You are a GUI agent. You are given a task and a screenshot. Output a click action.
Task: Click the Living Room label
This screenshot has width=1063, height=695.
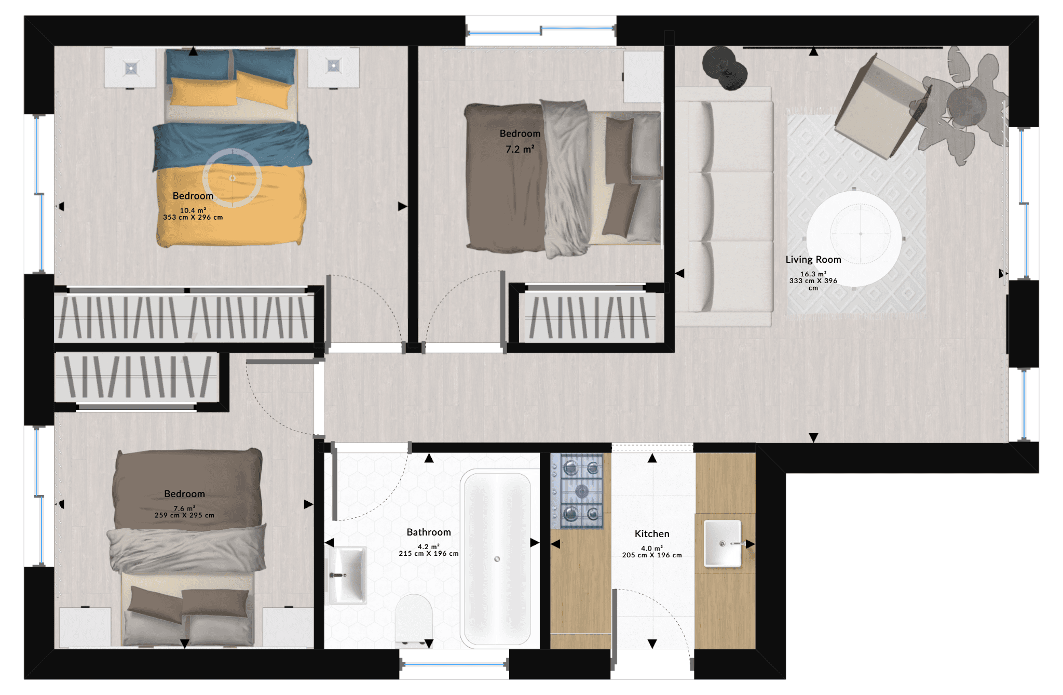813,259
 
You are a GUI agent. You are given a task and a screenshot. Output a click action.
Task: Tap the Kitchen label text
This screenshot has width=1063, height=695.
652,533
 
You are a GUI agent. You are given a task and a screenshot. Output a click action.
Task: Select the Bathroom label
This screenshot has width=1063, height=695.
429,532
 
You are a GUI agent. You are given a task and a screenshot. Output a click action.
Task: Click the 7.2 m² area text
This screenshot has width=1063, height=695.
520,149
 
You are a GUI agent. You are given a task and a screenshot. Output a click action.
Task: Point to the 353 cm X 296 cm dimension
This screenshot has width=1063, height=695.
193,217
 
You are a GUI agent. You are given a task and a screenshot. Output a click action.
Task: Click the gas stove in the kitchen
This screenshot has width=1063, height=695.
577,491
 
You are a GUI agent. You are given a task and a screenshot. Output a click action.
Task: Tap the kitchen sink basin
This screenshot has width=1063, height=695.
723,543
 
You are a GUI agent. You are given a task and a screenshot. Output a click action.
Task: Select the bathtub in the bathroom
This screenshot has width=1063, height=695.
497,559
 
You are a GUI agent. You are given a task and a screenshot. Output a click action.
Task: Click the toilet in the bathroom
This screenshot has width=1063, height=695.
414,621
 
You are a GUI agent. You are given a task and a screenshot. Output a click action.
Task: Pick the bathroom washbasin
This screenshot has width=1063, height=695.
347,574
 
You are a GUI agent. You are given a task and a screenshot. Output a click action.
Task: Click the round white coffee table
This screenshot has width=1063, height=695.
854,238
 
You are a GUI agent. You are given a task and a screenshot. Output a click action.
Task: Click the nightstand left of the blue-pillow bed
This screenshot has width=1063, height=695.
130,68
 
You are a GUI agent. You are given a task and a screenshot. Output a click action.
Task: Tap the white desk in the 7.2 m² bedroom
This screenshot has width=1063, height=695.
643,76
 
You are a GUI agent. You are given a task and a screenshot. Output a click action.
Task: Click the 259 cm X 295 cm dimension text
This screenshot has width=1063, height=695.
184,515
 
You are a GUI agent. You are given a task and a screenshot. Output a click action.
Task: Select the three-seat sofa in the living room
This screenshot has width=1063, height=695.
724,207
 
